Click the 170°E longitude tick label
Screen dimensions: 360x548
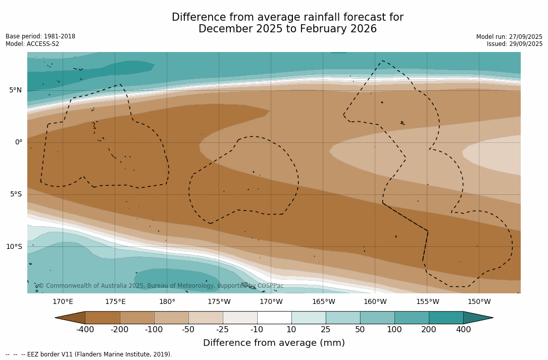pyautogui.click(x=63, y=302)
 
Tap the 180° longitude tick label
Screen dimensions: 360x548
pyautogui.click(x=167, y=302)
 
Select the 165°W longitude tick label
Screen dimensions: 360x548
pyautogui.click(x=323, y=302)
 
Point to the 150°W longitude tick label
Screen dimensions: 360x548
pyautogui.click(x=479, y=302)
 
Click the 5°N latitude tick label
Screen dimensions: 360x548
pyautogui.click(x=15, y=90)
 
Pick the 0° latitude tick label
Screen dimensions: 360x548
pyautogui.click(x=18, y=142)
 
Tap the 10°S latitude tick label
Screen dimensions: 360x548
pyautogui.click(x=14, y=246)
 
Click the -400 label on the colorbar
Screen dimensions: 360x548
pyautogui.click(x=85, y=330)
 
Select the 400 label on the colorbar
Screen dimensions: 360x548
pyautogui.click(x=463, y=330)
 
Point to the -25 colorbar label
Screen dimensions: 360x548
pyautogui.click(x=223, y=330)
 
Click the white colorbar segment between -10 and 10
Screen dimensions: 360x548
pyautogui.click(x=274, y=318)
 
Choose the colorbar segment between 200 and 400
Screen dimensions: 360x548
pyautogui.click(x=446, y=318)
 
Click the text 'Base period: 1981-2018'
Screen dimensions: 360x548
pyautogui.click(x=40, y=36)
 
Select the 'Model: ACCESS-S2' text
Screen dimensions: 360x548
pyautogui.click(x=32, y=44)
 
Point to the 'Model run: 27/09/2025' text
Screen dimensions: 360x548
pyautogui.click(x=509, y=37)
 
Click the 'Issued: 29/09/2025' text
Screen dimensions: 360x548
pyautogui.click(x=515, y=44)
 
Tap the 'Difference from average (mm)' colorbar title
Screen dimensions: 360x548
pyautogui.click(x=274, y=343)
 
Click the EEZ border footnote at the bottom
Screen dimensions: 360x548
pyautogui.click(x=89, y=354)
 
